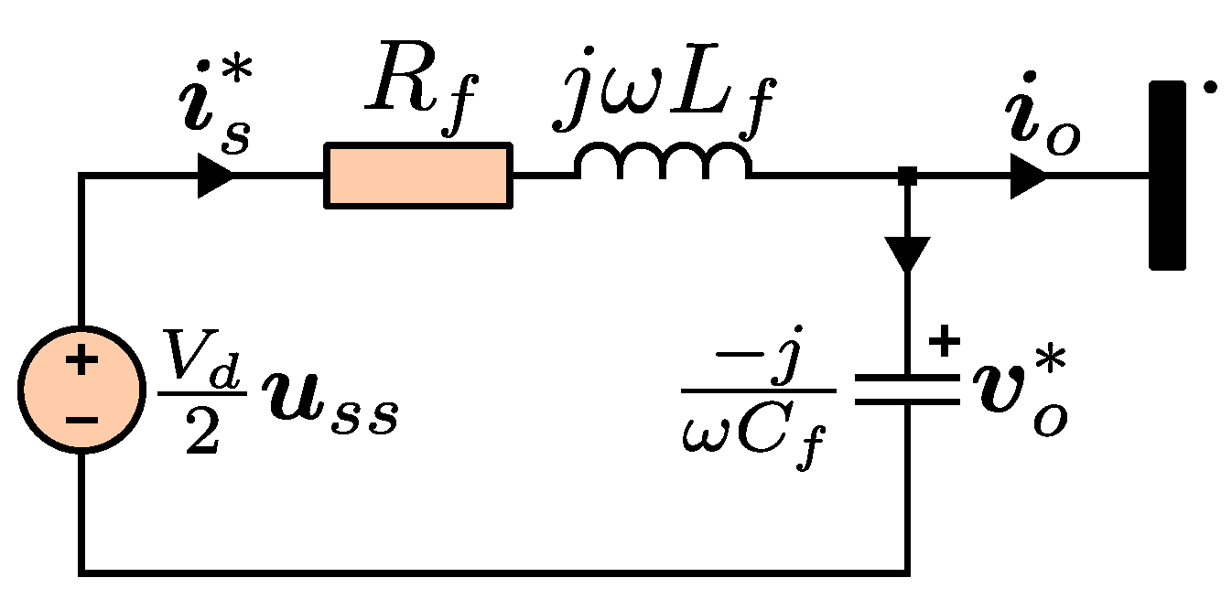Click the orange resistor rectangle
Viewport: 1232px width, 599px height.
tap(418, 176)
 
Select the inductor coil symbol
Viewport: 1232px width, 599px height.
tap(663, 162)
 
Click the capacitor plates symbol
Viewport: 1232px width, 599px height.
tap(906, 389)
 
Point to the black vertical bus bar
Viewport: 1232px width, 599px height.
tap(1168, 176)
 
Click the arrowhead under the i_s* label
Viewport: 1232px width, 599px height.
tap(215, 176)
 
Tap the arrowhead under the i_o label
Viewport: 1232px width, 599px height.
tap(1028, 176)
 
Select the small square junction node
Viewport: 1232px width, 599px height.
tap(906, 176)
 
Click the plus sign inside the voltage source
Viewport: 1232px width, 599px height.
tap(81, 361)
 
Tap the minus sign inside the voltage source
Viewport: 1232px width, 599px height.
tap(81, 420)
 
